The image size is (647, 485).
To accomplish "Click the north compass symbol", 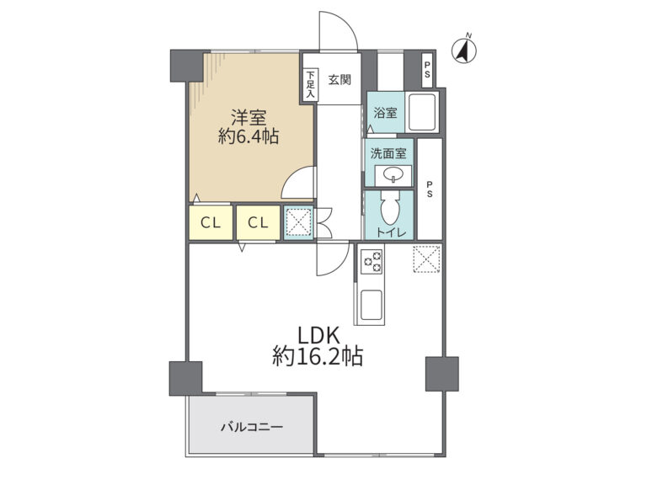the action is click(464, 50).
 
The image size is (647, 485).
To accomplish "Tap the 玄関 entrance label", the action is click(340, 80).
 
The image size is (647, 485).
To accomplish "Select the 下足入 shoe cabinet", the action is click(310, 84).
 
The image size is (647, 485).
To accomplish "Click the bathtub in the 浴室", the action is click(422, 112).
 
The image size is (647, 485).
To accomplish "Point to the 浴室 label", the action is click(385, 113).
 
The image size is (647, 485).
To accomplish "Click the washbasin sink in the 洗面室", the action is click(393, 176).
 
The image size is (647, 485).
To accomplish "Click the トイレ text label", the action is click(391, 232).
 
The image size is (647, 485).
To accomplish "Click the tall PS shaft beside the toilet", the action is click(430, 189).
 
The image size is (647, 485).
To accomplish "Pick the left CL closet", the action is click(211, 222).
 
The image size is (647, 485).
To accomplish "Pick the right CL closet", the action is click(259, 222).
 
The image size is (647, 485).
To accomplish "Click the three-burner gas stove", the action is click(372, 261).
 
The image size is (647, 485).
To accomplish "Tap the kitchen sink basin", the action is click(372, 305).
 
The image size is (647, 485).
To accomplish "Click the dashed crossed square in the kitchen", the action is click(426, 259).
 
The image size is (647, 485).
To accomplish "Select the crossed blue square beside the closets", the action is click(298, 222).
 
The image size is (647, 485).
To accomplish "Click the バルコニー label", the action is click(252, 427).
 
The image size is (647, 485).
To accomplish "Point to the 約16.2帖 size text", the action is click(318, 357).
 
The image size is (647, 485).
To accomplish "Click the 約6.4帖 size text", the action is click(248, 136).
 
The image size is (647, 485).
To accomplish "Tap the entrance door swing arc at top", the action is click(344, 24).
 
